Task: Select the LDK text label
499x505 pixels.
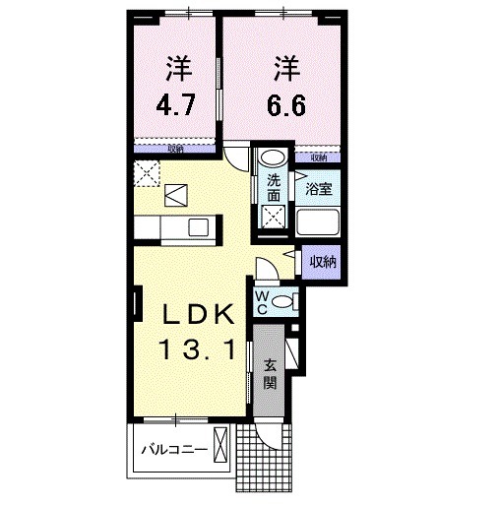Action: click(198, 315)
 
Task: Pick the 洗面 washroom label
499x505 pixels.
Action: click(274, 187)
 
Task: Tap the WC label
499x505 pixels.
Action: click(263, 302)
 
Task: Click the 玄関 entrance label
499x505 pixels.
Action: click(271, 372)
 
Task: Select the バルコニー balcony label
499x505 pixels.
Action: click(172, 450)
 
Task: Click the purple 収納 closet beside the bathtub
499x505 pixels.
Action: click(322, 261)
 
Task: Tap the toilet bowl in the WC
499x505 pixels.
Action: click(282, 301)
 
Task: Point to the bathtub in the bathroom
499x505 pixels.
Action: click(321, 225)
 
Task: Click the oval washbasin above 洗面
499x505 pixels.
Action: click(273, 158)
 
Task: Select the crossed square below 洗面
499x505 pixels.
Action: click(274, 218)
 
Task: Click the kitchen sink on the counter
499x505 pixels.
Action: click(196, 228)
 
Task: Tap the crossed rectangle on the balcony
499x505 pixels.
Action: click(222, 449)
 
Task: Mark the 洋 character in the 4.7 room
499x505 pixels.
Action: click(178, 69)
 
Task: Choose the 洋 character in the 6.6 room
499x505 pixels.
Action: click(286, 69)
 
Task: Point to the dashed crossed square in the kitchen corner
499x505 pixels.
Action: click(149, 172)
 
